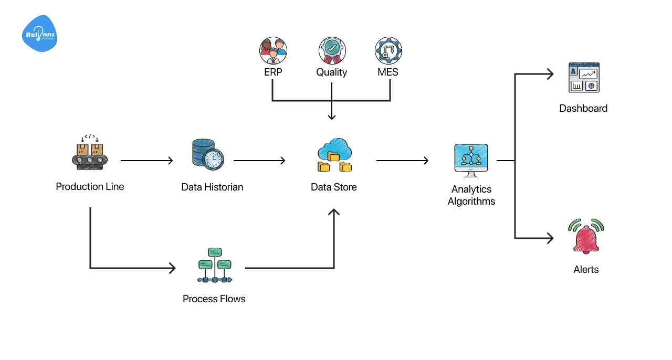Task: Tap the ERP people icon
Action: pyautogui.click(x=273, y=51)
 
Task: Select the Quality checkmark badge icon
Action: pyautogui.click(x=332, y=51)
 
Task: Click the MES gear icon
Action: pyautogui.click(x=388, y=51)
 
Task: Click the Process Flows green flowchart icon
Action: pyautogui.click(x=214, y=265)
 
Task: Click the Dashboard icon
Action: pyautogui.click(x=584, y=78)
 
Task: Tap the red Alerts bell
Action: pyautogui.click(x=586, y=237)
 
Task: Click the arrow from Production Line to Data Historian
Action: pyautogui.click(x=146, y=161)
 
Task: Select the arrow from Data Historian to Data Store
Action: pyautogui.click(x=259, y=161)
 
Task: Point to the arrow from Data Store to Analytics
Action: pyautogui.click(x=402, y=161)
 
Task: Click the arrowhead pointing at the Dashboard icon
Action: pyautogui.click(x=550, y=74)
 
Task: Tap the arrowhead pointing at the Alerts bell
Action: pyautogui.click(x=550, y=238)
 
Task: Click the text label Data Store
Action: pyautogui.click(x=333, y=187)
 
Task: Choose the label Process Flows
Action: pyautogui.click(x=214, y=299)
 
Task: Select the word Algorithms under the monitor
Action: pyautogui.click(x=471, y=201)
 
